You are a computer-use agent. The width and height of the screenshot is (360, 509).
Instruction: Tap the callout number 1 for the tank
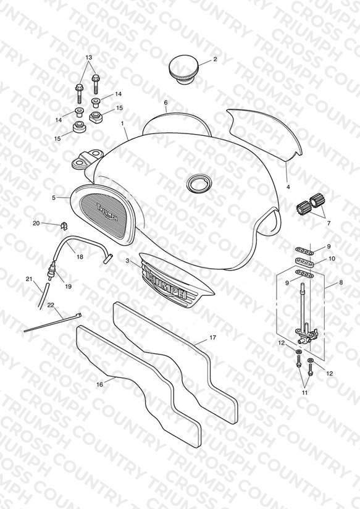122,124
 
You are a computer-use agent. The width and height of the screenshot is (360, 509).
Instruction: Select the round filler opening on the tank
196,184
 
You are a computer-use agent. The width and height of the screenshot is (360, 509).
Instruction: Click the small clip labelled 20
64,225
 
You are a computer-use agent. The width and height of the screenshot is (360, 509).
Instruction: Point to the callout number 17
212,338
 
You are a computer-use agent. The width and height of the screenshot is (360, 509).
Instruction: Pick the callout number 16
99,384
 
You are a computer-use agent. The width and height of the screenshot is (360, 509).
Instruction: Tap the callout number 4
288,187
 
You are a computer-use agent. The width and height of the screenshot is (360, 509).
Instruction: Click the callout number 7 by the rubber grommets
329,224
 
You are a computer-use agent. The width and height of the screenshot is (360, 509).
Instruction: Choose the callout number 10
332,259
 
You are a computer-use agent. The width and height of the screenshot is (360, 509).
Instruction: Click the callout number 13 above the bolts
89,57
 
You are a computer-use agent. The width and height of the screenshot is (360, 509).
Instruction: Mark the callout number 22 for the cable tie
51,305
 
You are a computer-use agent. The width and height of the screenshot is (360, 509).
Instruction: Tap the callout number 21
30,279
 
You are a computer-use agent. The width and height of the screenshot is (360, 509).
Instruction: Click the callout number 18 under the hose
80,257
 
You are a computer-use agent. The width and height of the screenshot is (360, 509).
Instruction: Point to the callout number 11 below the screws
305,392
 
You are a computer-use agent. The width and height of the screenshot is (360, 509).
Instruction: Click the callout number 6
165,103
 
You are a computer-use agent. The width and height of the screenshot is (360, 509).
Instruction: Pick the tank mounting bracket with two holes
86,159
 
